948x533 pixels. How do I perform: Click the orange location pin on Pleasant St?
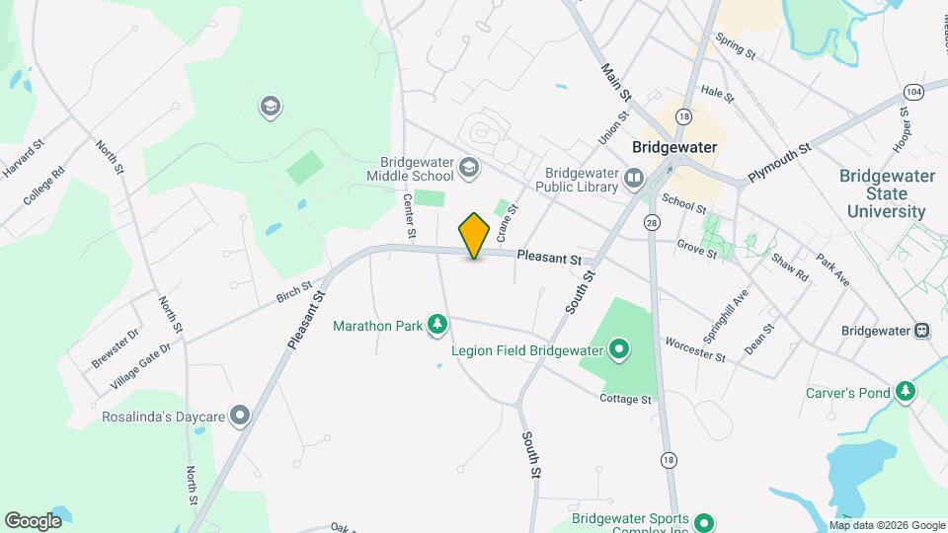(475, 235)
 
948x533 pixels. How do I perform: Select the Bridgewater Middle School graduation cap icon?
(468, 170)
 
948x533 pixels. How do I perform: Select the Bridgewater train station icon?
(922, 331)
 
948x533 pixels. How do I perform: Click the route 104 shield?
(911, 91)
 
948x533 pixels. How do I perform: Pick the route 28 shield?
(651, 223)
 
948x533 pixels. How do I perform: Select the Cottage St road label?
(625, 400)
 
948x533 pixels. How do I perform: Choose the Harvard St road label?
(24, 159)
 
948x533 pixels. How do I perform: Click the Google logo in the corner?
(34, 520)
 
